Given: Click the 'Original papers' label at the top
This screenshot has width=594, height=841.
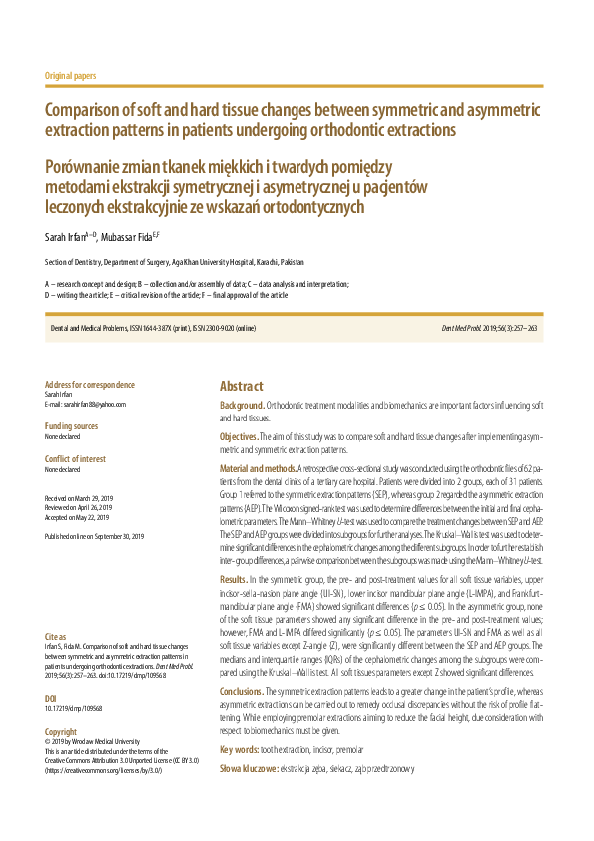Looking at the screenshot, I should click(71, 76).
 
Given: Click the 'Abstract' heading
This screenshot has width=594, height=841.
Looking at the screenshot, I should click(242, 387).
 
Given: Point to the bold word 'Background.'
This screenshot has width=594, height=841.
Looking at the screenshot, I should click(242, 407).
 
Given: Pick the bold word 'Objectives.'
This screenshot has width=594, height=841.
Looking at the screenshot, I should click(240, 437).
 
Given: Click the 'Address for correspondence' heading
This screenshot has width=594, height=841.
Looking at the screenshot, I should click(90, 385).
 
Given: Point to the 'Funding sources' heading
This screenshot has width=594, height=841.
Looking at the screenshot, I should click(72, 425).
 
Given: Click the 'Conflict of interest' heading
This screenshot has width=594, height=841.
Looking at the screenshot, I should click(77, 458).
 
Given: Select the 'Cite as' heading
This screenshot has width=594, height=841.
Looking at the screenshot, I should click(56, 608).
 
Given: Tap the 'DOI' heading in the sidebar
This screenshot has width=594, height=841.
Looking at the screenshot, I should click(51, 670).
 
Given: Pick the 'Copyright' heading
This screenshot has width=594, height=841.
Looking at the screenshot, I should click(61, 703).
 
